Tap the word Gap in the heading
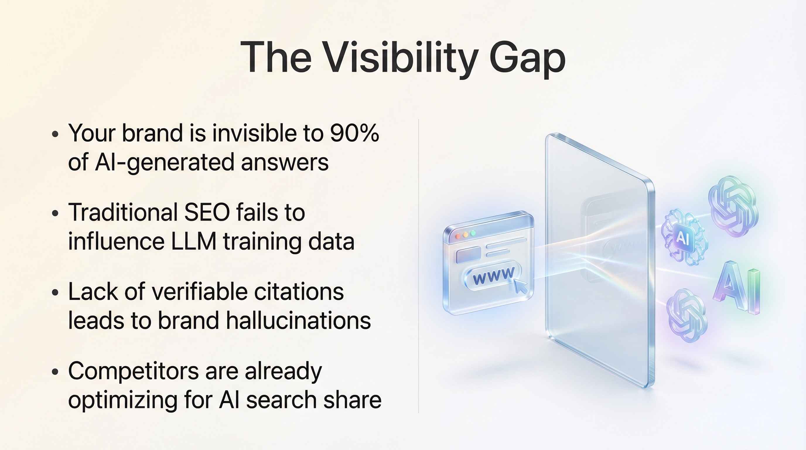point(527,59)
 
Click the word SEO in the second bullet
point(207,212)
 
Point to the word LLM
point(194,241)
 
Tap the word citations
point(299,292)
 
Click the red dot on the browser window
point(458,236)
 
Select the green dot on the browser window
point(473,233)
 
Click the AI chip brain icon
point(684,238)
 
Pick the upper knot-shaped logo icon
point(733,206)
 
